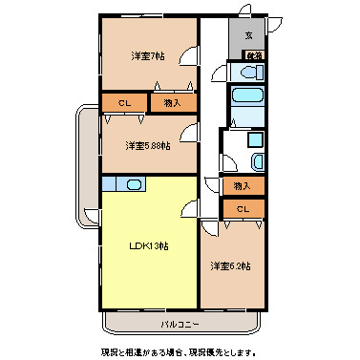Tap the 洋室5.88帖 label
149,145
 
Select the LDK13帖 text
150,245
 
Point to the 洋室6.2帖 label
231,265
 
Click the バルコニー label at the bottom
180,325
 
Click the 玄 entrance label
248,36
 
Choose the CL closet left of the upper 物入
124,102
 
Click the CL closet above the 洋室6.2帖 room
242,208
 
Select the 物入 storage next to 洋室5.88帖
173,102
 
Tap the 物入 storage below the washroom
242,185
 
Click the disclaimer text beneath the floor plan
180,350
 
